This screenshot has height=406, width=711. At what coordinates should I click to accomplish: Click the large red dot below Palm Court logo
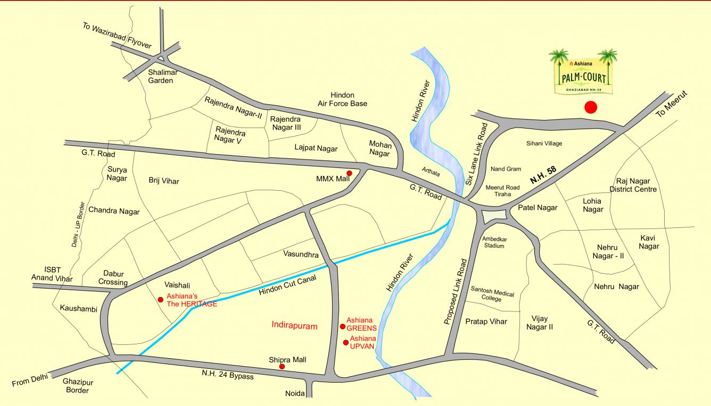coord(590,107)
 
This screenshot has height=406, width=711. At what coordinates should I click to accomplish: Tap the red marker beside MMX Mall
coord(350,173)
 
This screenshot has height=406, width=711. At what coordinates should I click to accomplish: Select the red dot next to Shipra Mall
coord(282,367)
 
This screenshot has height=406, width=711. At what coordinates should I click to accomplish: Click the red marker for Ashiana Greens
coord(343,326)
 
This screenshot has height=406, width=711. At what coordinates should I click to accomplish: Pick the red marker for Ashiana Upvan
coord(346,342)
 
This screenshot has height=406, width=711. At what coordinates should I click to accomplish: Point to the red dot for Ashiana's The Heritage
coord(161,300)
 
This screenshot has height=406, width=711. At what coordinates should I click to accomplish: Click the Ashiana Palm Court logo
coord(583,72)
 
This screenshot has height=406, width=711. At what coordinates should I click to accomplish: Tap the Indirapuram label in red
coord(294,326)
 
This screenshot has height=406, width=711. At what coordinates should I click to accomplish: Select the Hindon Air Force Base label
coord(342,99)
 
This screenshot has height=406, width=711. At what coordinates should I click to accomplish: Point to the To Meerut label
coord(672,104)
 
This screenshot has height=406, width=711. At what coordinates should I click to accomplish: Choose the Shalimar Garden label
coord(161,76)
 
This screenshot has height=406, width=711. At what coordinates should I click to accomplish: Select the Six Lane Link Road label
coord(476,154)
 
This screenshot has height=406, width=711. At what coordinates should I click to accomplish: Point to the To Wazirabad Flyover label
coord(117,36)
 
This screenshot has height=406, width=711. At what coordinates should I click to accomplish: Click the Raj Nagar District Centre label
coord(633,185)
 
